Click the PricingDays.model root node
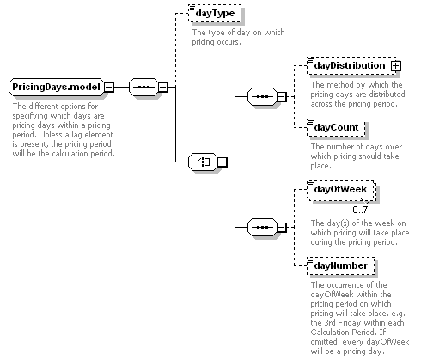click(57, 87)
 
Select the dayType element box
click(215, 13)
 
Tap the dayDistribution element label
click(350, 65)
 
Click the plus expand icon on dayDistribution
click(395, 66)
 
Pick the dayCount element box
click(336, 127)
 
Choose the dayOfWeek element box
click(340, 190)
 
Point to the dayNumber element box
click(340, 266)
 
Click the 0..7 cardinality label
click(360, 210)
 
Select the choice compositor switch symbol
click(203, 162)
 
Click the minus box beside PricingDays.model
click(109, 87)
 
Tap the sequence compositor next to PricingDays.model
click(143, 87)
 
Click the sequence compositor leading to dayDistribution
click(262, 97)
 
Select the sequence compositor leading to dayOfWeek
click(262, 228)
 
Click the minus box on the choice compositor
click(223, 162)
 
